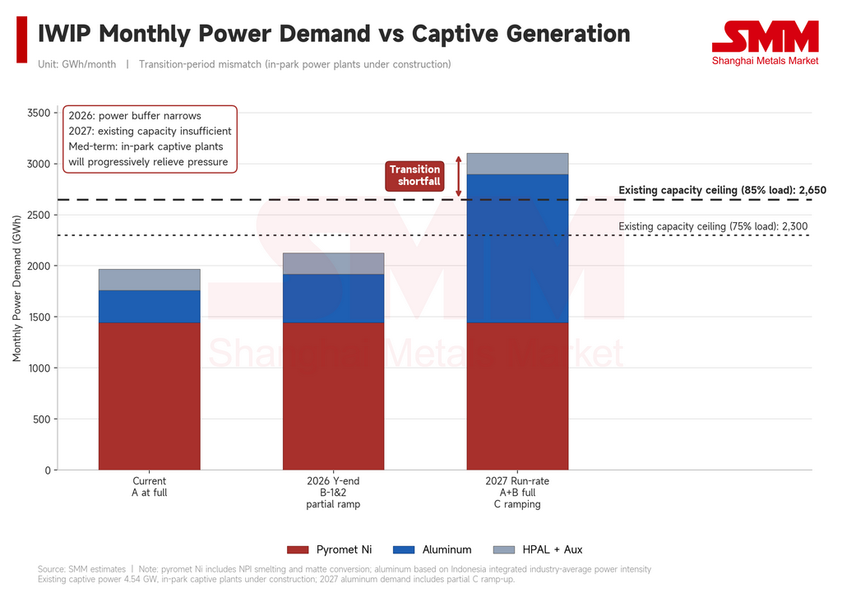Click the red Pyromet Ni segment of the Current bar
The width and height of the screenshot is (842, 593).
(150, 396)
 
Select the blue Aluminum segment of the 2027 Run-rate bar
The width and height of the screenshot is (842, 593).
(517, 248)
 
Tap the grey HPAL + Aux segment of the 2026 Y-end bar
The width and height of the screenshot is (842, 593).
(334, 264)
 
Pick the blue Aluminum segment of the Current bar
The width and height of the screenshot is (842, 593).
(150, 306)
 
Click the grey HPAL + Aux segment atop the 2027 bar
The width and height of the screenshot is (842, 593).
(517, 164)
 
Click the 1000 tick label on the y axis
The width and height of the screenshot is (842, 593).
(39, 368)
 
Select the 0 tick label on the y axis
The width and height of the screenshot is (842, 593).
(47, 470)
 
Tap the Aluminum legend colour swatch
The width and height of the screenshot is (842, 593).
(404, 549)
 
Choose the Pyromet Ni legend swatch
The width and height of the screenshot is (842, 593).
(298, 549)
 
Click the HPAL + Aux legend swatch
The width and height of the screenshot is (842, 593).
(504, 549)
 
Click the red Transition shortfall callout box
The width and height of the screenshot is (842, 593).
(415, 176)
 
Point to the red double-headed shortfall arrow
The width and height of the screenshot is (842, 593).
(459, 176)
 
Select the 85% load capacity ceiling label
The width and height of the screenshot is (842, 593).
(722, 190)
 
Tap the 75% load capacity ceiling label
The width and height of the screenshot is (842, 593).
(713, 226)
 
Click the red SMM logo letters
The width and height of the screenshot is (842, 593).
(766, 36)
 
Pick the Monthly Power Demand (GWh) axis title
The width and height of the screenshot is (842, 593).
(16, 289)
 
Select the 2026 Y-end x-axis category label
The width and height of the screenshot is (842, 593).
(334, 493)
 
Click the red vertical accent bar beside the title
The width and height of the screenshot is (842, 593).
(22, 39)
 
